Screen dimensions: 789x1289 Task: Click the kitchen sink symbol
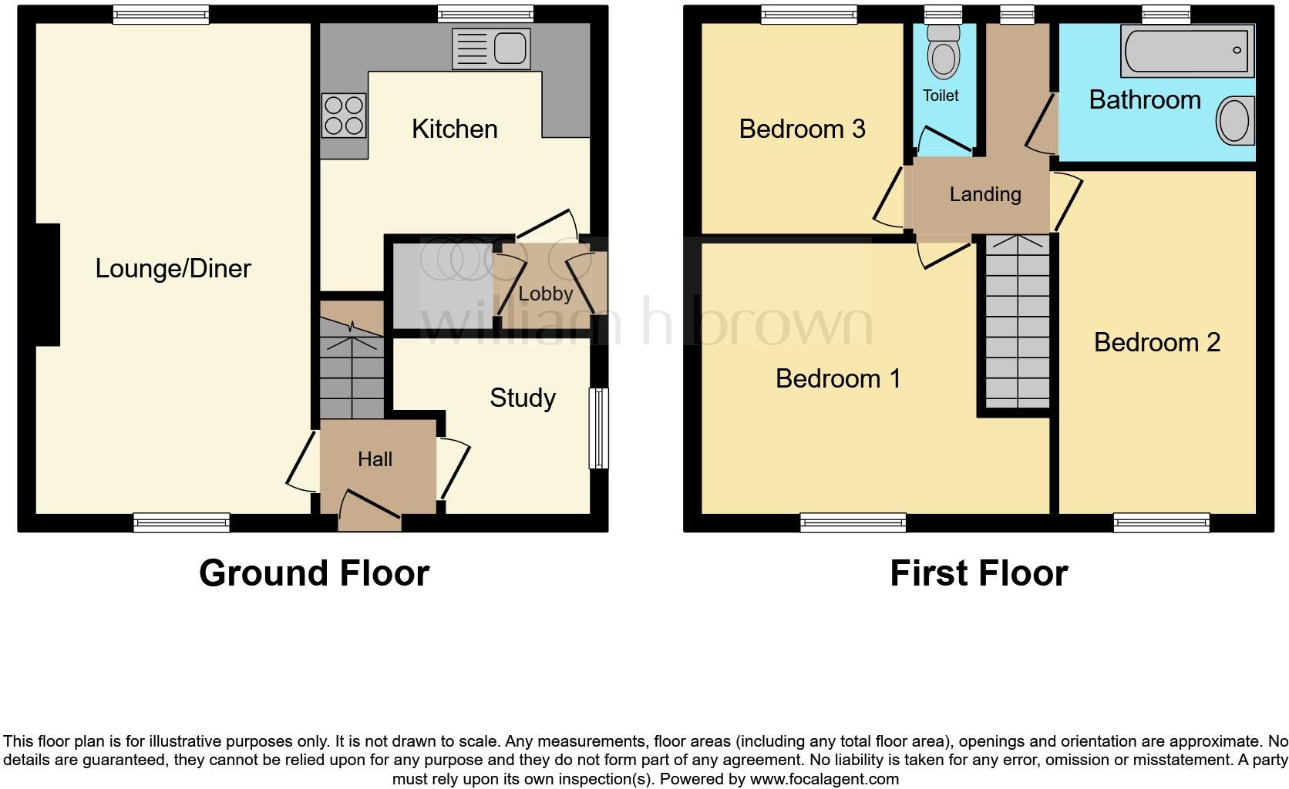[491, 49]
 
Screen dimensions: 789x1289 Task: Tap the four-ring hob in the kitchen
[344, 114]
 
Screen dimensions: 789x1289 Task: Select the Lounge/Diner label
[173, 268]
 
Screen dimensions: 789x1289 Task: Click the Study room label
[522, 398]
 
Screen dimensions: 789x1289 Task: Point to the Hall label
[375, 459]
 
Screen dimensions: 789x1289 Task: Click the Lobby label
[545, 294]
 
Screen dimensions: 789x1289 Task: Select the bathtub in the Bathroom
[1187, 51]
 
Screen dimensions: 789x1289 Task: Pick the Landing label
[984, 194]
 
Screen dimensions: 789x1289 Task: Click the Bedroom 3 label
[802, 129]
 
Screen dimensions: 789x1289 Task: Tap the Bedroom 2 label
[1156, 342]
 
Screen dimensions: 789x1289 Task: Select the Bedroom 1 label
[837, 378]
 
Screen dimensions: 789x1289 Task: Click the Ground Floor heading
[314, 573]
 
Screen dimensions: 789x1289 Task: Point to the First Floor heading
[978, 573]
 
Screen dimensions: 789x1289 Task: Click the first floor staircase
[1018, 324]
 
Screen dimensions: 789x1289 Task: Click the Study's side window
[598, 428]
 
